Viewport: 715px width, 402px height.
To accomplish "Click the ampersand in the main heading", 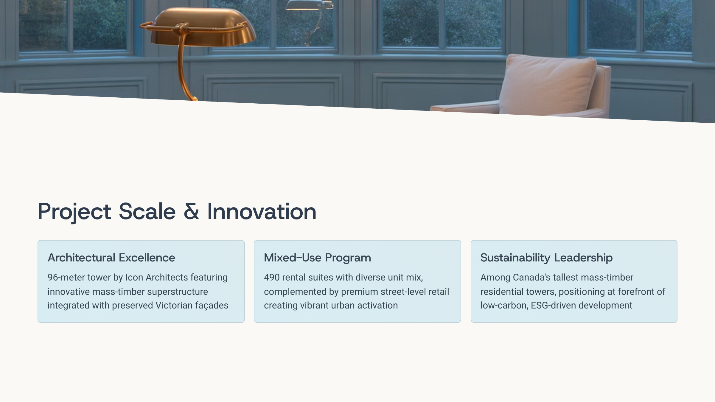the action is click(191, 211).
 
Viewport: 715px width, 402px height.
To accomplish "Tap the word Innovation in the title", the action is click(262, 211).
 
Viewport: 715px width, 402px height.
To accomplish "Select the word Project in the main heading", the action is click(74, 212).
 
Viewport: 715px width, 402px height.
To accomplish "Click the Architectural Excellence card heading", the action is click(111, 258).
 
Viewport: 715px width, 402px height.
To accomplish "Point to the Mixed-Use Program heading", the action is click(318, 258).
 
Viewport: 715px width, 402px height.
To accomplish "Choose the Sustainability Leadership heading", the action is click(546, 258).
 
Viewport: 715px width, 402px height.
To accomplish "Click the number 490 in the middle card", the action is click(272, 277).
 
